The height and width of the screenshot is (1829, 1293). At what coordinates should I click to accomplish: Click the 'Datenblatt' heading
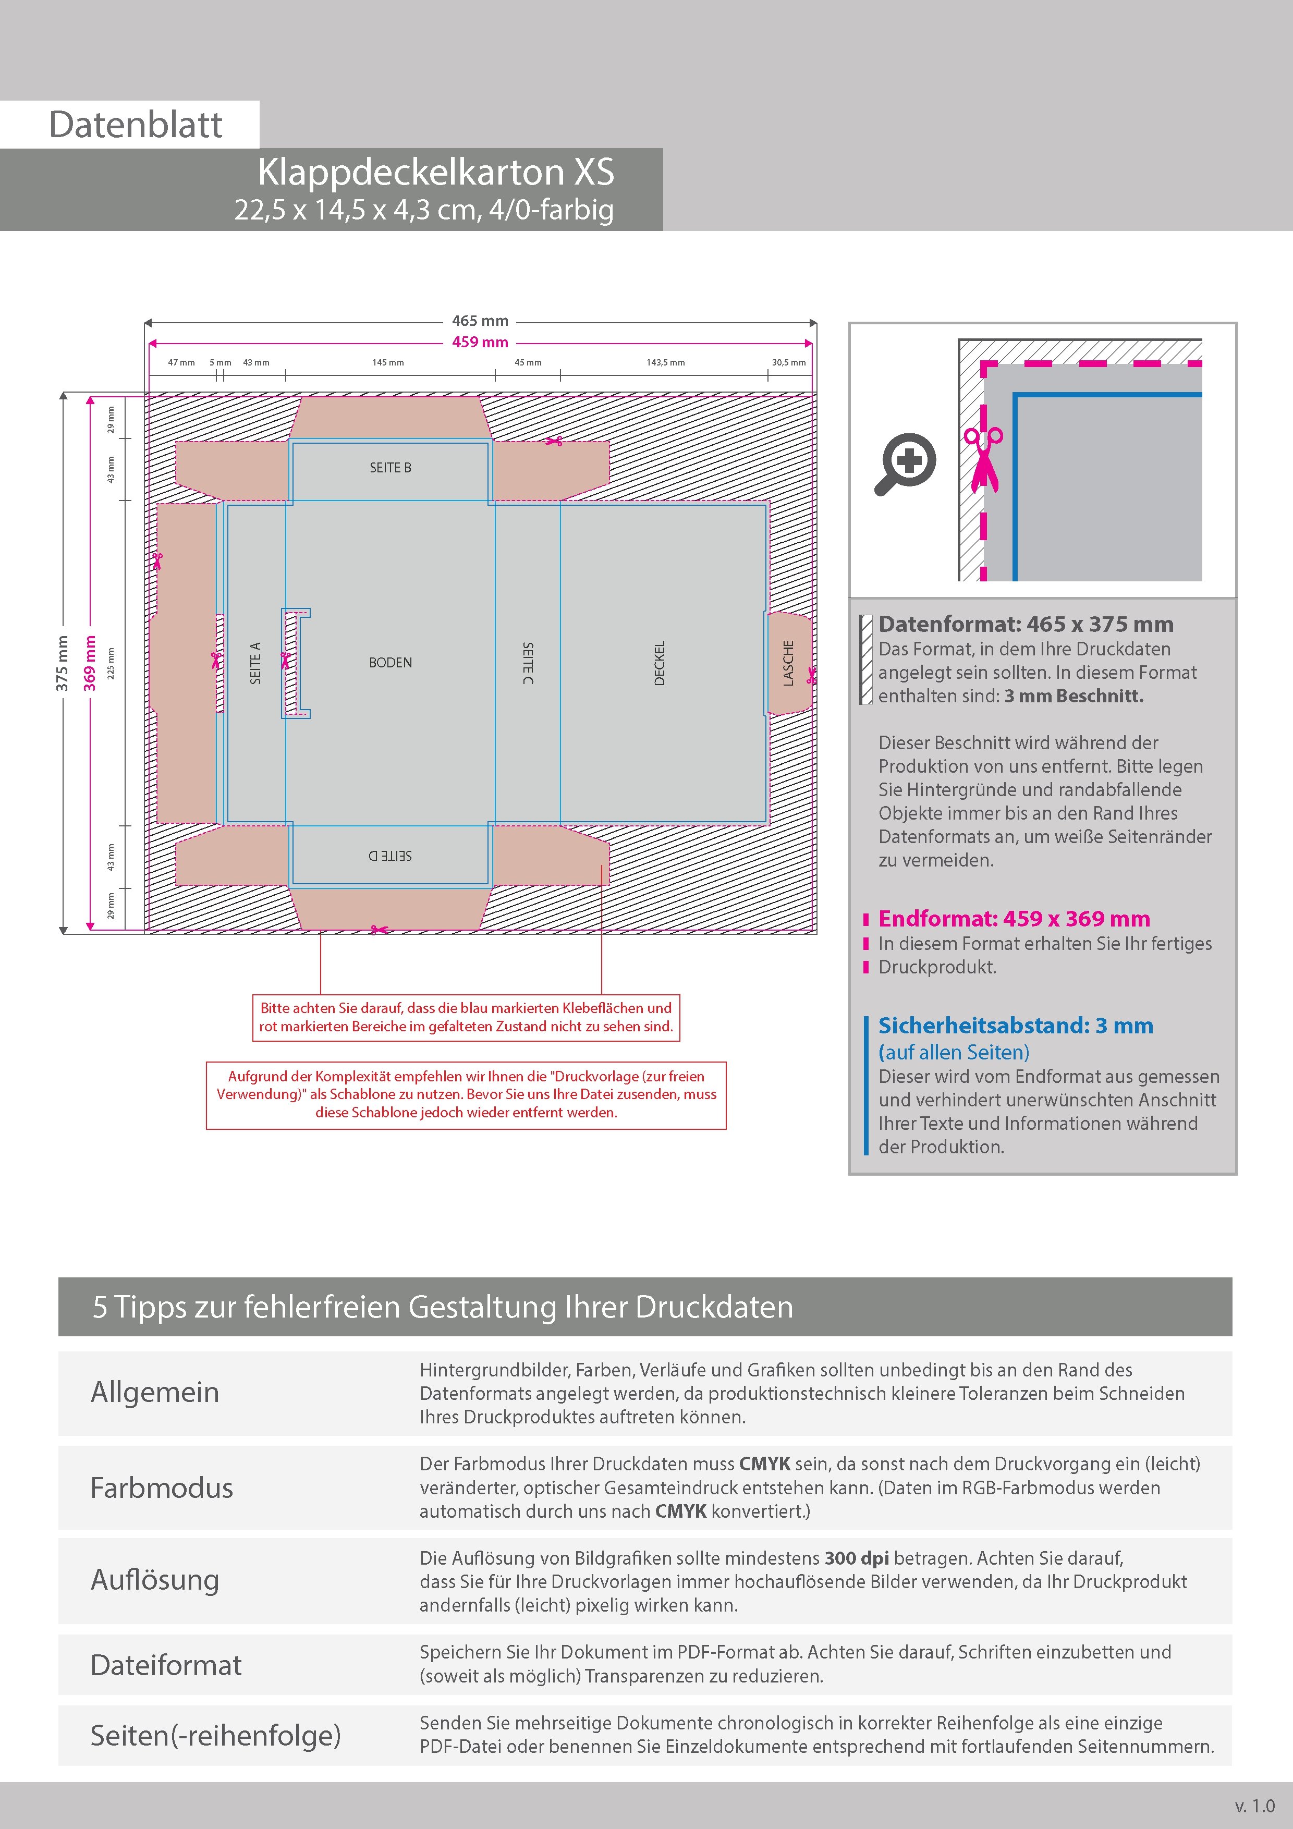point(136,124)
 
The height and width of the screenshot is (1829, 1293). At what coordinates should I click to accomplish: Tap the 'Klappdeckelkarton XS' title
point(436,172)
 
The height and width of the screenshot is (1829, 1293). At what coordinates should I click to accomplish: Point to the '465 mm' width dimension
point(480,321)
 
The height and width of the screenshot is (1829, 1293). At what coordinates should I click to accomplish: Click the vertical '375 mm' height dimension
point(62,663)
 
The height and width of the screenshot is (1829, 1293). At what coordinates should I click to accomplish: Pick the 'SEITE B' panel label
point(391,468)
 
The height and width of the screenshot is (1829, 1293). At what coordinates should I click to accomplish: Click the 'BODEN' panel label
point(391,663)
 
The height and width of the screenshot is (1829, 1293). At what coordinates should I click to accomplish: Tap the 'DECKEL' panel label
point(659,663)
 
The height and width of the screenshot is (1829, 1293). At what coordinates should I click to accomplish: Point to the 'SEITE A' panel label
point(255,663)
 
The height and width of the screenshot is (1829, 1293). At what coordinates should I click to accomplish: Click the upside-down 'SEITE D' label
point(391,856)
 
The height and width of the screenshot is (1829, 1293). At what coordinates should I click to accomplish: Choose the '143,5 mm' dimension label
point(665,362)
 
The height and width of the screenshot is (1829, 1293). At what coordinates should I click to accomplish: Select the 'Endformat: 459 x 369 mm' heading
point(1014,919)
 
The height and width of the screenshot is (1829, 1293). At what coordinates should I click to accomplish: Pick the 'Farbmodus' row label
point(162,1487)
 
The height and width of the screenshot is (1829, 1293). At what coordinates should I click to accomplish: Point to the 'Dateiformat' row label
point(166,1664)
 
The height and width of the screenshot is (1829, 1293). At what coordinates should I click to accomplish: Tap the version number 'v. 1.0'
point(1255,1805)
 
